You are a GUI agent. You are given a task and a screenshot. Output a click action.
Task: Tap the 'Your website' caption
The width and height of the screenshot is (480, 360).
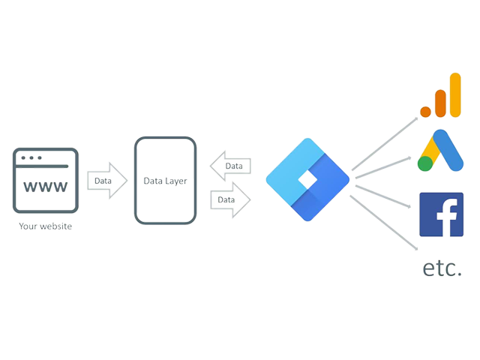tap(45, 223)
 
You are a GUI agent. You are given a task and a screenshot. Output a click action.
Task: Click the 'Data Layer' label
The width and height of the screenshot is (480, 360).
tap(165, 181)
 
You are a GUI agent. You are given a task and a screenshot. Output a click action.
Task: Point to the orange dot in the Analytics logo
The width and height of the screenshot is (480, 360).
tap(426, 111)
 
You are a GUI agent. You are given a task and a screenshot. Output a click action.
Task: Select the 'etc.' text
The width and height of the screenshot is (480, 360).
tap(442, 268)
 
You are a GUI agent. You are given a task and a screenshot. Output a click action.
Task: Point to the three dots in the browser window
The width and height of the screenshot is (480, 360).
tap(31, 158)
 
